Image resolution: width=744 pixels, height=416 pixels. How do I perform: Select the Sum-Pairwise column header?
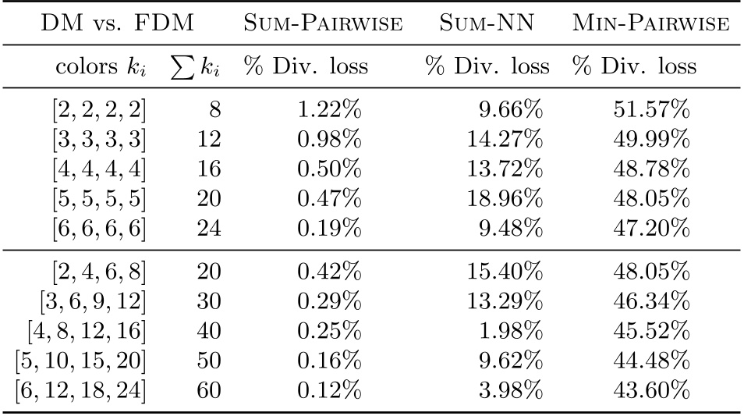coord(324,25)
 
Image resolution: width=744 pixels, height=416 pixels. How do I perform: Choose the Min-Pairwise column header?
coord(650,25)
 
